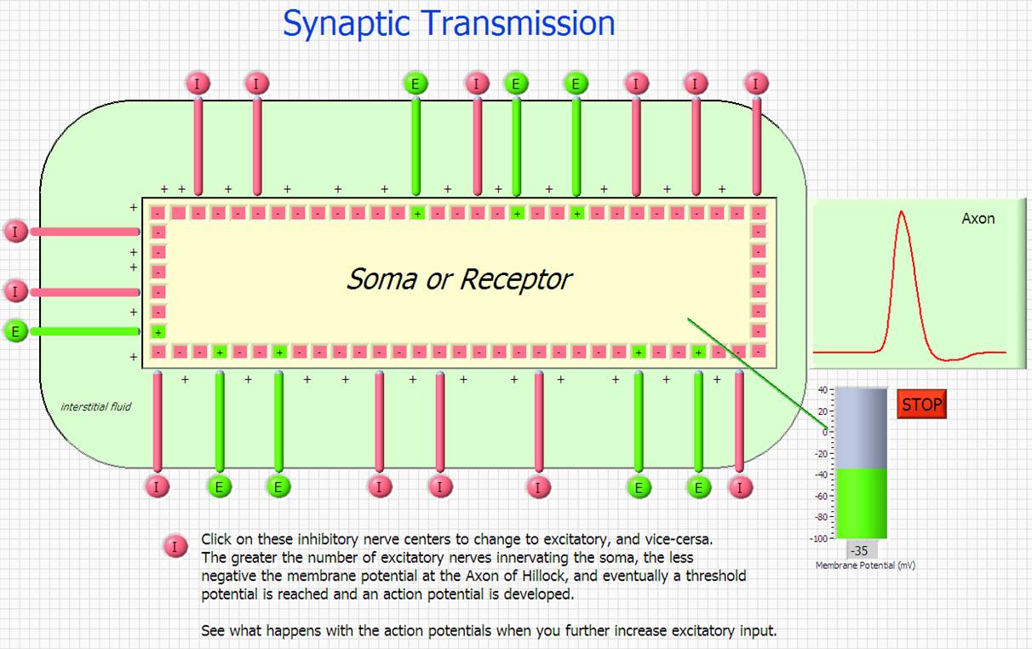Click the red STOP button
921,405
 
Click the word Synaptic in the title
346,24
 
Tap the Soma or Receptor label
459,279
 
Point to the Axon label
978,218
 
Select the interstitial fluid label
96,406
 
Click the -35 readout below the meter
859,550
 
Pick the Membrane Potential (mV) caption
865,566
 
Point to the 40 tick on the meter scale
823,390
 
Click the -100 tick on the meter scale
819,538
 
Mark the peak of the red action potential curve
901,211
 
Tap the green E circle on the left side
15,331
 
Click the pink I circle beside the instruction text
175,547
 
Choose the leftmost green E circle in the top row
416,83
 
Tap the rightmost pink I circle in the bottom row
740,487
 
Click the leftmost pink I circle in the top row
198,83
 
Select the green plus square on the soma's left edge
158,332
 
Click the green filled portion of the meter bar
862,503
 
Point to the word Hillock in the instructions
542,576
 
